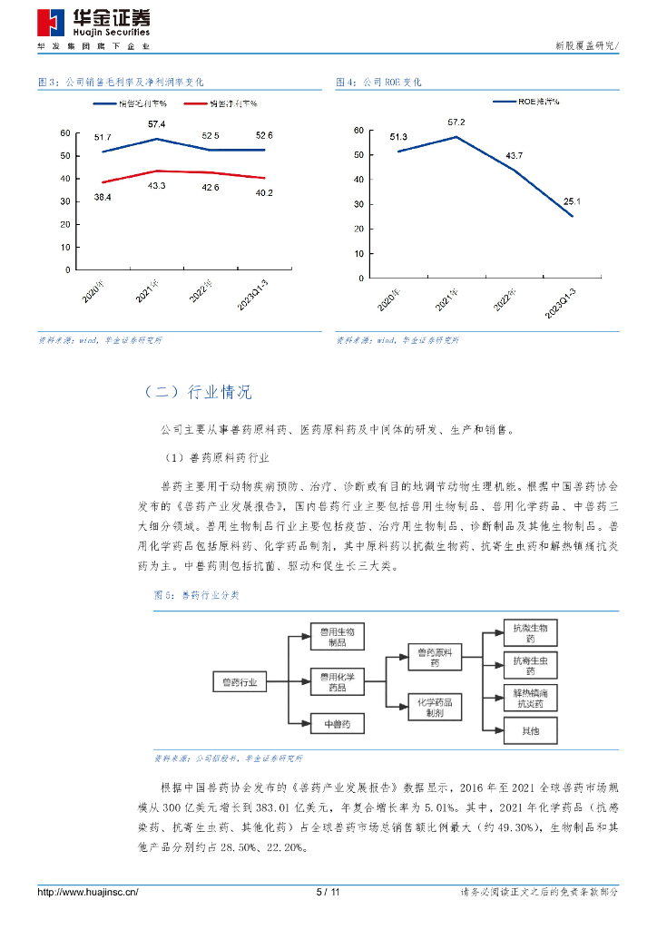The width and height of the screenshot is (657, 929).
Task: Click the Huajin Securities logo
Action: (x=93, y=24)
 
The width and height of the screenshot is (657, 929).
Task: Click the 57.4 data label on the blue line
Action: (x=156, y=123)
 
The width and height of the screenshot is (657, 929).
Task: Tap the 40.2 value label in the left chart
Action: (x=264, y=192)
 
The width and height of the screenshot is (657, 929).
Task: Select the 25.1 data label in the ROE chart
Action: (x=572, y=201)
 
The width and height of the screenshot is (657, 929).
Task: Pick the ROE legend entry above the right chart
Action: (x=525, y=102)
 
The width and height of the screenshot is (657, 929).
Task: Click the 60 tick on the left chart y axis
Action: (x=64, y=133)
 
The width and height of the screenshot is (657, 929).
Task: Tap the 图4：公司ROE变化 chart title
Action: (x=378, y=83)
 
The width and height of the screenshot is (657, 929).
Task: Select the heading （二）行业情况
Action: (x=197, y=392)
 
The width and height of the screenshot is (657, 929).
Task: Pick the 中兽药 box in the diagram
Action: (x=337, y=723)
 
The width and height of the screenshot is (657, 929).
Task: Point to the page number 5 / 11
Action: (x=328, y=893)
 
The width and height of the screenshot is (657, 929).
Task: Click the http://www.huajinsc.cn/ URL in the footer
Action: (x=87, y=893)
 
